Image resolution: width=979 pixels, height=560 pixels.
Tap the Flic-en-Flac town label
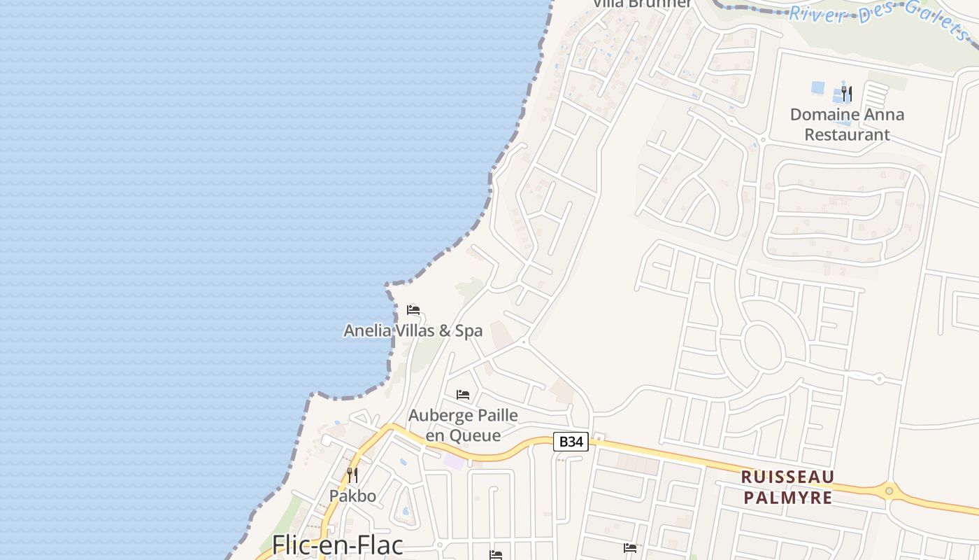(x=338, y=546)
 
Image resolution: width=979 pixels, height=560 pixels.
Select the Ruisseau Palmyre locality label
(x=787, y=487)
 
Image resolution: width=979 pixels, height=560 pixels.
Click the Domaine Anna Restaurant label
(x=847, y=124)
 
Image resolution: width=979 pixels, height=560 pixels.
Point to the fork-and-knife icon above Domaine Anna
(x=847, y=93)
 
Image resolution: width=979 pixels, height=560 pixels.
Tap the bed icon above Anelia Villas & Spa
(x=413, y=310)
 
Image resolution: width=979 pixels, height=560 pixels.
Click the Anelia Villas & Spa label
(x=413, y=330)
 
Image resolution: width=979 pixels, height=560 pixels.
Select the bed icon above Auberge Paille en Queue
(x=462, y=395)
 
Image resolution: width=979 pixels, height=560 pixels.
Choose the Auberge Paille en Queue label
(x=463, y=425)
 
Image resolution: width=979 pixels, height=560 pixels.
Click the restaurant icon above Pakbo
(x=352, y=475)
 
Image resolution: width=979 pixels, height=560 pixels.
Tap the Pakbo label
(x=352, y=496)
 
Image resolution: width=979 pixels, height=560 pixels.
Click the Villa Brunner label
(x=643, y=3)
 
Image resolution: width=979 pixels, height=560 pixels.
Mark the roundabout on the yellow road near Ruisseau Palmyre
(x=889, y=491)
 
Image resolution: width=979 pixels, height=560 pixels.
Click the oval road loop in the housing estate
(x=762, y=346)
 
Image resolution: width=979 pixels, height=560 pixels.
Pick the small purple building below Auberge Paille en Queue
(x=454, y=462)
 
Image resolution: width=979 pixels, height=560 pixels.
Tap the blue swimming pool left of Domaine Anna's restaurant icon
(x=817, y=88)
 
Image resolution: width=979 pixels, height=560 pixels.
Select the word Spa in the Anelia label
(x=469, y=330)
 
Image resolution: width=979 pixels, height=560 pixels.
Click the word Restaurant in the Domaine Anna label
(x=847, y=134)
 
